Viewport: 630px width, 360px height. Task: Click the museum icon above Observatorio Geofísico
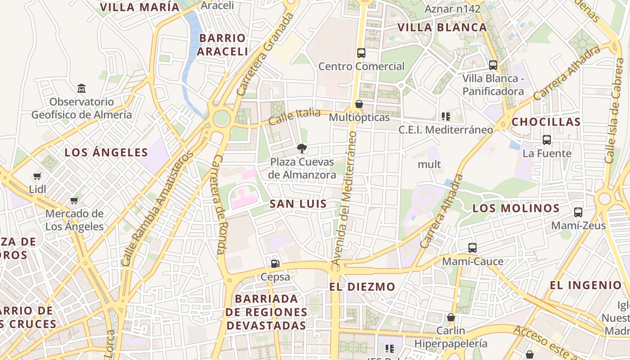point(81,88)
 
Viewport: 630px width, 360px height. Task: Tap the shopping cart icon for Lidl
point(37,176)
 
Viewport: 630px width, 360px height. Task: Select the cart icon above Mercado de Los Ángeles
point(74,200)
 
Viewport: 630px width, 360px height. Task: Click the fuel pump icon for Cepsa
point(275,263)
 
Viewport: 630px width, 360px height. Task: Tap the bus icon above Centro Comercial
point(361,53)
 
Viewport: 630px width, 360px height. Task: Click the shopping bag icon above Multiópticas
point(359,104)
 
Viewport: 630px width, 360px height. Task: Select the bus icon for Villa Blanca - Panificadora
point(493,65)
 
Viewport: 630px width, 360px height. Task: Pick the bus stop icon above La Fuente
point(547,139)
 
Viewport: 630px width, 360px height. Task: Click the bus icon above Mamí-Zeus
point(578,212)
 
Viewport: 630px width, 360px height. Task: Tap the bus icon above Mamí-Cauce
point(472,247)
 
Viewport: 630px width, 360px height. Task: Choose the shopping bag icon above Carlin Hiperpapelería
point(451,317)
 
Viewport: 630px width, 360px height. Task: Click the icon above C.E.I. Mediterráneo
point(446,117)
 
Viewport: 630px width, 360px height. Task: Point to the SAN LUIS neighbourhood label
point(298,204)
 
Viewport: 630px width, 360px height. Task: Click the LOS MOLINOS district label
point(516,208)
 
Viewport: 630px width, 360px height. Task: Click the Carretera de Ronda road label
point(219,205)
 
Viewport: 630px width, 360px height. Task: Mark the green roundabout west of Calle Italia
point(221,119)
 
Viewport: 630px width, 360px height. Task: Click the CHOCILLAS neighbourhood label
point(546,122)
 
